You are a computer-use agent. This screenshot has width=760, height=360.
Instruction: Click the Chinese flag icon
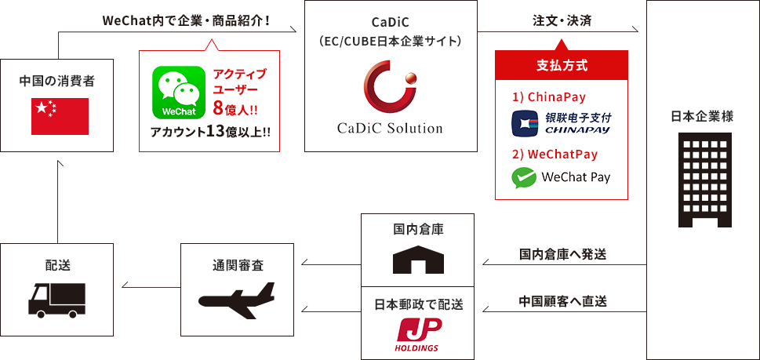coord(60,117)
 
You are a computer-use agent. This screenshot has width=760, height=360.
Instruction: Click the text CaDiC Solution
coord(390,128)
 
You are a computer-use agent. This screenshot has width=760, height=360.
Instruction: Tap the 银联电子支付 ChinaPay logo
coord(560,122)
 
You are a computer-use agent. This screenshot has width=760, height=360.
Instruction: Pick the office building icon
coord(702,179)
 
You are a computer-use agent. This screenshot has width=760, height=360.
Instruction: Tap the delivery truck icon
coord(56,299)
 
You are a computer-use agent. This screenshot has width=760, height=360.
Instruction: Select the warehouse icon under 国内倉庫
coord(418,259)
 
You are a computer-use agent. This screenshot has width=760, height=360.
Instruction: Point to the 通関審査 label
coord(238,266)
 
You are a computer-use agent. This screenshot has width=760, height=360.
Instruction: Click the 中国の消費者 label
coord(60,81)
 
